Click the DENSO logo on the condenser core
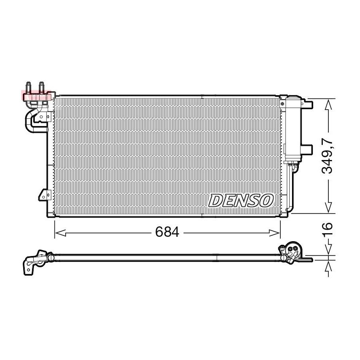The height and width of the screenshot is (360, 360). [x=241, y=200]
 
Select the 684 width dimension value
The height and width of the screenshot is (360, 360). [x=167, y=232]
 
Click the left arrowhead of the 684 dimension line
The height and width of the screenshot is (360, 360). [x=61, y=233]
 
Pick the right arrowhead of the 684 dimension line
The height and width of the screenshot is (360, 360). [x=274, y=233]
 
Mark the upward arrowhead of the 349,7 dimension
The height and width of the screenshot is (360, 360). [x=328, y=105]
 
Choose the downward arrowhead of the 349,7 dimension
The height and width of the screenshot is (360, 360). [x=328, y=207]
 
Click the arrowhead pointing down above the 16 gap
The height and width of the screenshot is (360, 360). [x=328, y=249]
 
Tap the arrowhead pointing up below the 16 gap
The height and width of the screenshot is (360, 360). [x=328, y=266]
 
